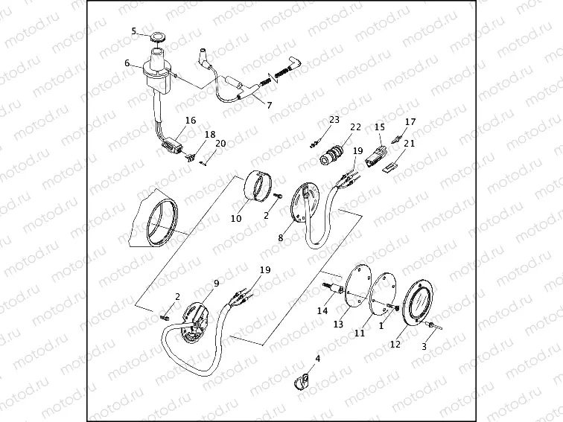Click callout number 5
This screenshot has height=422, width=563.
coord(134,31)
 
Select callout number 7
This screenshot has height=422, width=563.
coord(269,105)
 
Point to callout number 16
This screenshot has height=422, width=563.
coord(191,121)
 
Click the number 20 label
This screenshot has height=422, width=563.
coord(220,144)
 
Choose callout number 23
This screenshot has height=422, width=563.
coord(334,119)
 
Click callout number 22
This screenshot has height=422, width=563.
coord(355,127)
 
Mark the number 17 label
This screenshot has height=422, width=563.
coord(410,121)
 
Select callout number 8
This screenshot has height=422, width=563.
coord(281,238)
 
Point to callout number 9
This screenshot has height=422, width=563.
coord(216,284)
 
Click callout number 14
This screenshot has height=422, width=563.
coord(323,310)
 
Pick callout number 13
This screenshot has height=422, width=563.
coord(338,325)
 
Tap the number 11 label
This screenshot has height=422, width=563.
coord(360,334)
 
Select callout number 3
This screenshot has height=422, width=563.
coord(425,347)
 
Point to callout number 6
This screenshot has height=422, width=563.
coord(127,63)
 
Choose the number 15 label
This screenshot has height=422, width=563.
coord(380,127)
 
